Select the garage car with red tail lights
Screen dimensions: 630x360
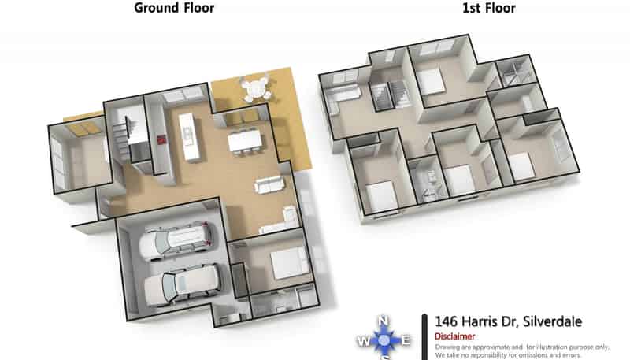[x=176, y=240]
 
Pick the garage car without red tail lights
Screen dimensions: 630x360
[x=182, y=285]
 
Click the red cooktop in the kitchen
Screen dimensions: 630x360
[x=161, y=140]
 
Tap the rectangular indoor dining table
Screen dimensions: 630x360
[x=245, y=142]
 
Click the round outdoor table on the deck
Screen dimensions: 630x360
[x=255, y=87]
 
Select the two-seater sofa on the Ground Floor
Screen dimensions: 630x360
[x=269, y=185]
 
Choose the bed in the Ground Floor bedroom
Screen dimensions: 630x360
[x=289, y=263]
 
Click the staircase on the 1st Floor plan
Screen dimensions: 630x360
[x=390, y=95]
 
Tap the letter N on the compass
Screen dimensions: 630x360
[x=384, y=321]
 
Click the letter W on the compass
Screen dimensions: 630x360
[x=363, y=342]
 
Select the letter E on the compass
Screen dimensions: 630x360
[x=406, y=341]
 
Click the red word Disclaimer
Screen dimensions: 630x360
[x=455, y=336]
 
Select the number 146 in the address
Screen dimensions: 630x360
[x=447, y=321]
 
